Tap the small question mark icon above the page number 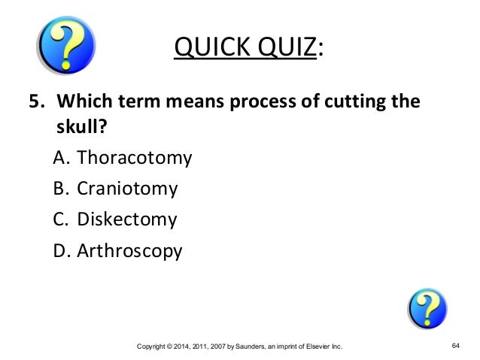pos(427,308)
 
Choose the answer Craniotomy pos(127,189)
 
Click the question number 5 pos(35,101)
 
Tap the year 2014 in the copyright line pos(181,346)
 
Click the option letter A pos(61,159)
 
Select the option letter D pos(62,250)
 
